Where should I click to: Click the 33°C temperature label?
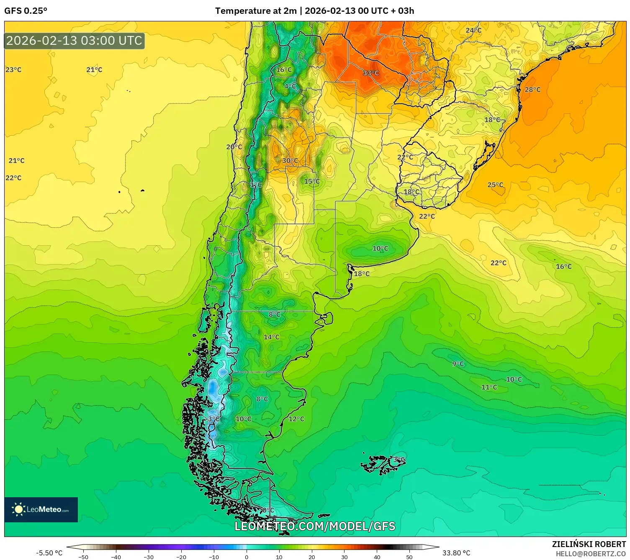click(x=370, y=73)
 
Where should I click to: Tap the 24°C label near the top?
click(x=473, y=30)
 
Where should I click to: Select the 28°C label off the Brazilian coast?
click(x=532, y=90)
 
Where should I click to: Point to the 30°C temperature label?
click(x=290, y=160)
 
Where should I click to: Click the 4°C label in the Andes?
click(x=290, y=86)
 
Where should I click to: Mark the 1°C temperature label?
click(x=256, y=185)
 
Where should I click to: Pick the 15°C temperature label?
click(x=312, y=181)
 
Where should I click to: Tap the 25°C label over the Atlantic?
click(x=495, y=185)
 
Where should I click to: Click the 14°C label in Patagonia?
click(x=271, y=337)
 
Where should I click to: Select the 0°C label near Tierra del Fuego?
click(x=268, y=510)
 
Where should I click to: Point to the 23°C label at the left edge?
click(x=13, y=69)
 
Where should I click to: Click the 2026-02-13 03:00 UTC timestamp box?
click(x=75, y=41)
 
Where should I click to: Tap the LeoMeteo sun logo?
click(x=18, y=509)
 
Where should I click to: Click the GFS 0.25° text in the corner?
click(x=26, y=11)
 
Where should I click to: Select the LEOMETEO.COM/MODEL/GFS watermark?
click(x=315, y=526)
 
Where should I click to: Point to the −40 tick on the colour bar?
click(x=116, y=557)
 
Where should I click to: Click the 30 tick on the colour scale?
click(x=344, y=557)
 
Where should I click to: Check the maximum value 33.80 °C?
click(x=456, y=553)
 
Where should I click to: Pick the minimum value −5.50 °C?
click(x=49, y=553)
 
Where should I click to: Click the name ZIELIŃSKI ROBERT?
click(x=589, y=544)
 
